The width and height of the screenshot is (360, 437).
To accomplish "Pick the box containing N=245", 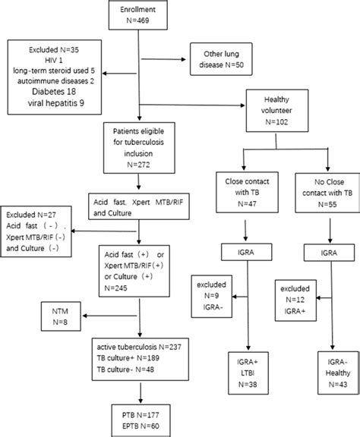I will click(x=138, y=262).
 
